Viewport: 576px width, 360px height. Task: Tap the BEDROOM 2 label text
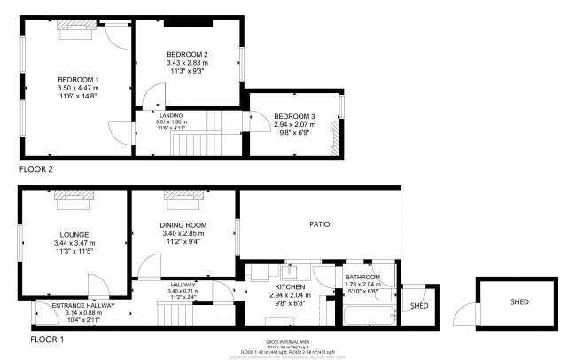pos(187,55)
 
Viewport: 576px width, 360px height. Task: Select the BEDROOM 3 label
pos(294,116)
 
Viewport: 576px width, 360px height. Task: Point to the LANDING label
pos(171,115)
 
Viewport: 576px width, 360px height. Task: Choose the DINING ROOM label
pos(183,225)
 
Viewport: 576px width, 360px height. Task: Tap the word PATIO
pos(320,225)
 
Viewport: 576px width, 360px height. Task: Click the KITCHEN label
pos(291,288)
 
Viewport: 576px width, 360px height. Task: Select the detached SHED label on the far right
pos(519,302)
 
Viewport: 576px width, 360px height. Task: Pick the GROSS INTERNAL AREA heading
pos(285,341)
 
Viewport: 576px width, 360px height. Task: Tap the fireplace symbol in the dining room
pos(183,197)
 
